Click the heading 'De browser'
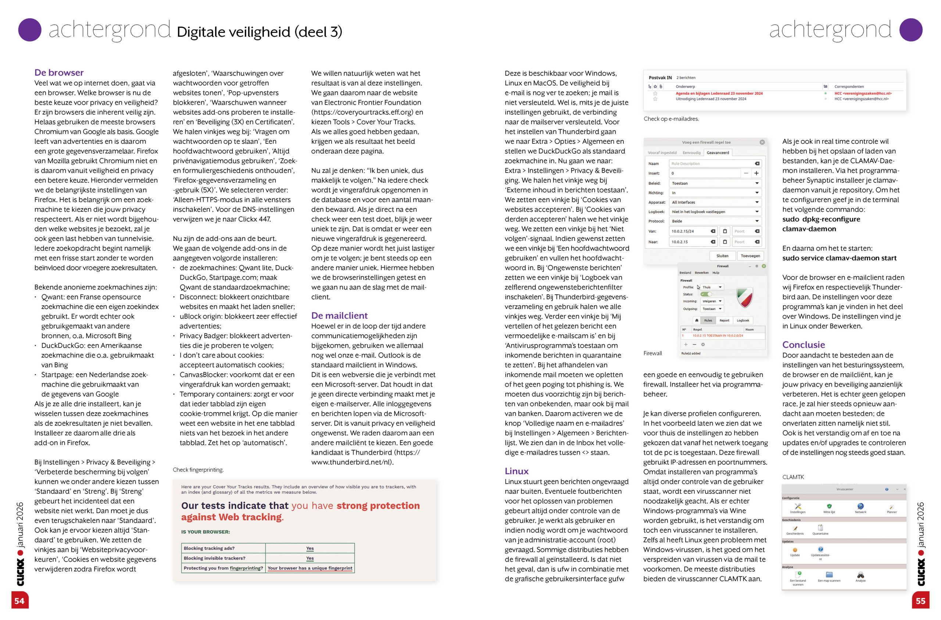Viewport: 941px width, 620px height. click(59, 72)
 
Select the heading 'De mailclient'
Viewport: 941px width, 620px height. click(339, 316)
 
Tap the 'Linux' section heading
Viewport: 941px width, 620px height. click(516, 471)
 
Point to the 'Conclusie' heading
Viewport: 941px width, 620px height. click(804, 345)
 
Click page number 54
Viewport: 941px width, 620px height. click(19, 601)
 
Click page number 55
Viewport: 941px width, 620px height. click(920, 601)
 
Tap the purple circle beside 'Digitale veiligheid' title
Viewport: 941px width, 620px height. click(30, 30)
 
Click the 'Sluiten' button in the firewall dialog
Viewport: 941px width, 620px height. click(722, 256)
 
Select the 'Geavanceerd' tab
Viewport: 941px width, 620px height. click(718, 153)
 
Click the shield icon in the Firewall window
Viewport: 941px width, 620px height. click(744, 297)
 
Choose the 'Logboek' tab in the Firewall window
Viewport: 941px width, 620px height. click(743, 321)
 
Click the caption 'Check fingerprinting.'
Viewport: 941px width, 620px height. click(198, 470)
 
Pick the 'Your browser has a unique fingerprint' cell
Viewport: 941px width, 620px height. click(310, 568)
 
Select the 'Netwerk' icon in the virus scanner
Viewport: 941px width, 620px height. click(861, 507)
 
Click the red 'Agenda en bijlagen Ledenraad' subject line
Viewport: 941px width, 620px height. click(719, 93)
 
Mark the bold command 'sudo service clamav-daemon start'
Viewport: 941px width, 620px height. click(839, 258)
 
